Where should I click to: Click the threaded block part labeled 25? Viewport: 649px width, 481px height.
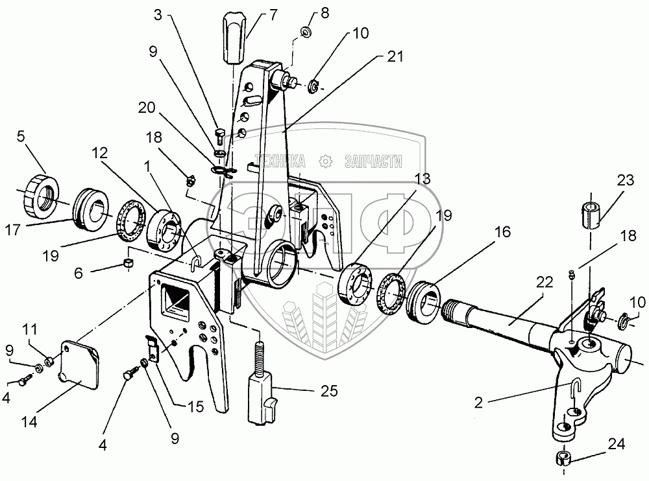262,397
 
